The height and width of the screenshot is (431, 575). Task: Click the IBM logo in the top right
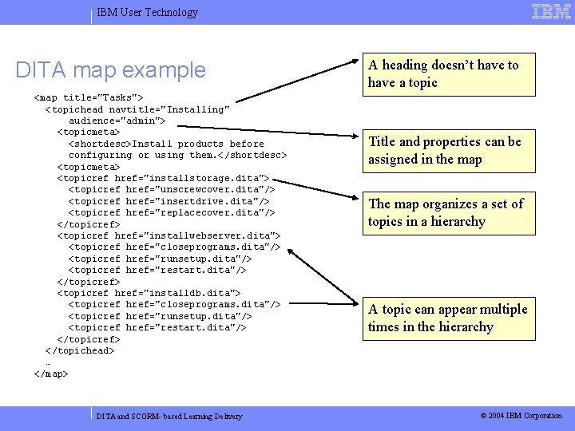click(x=551, y=11)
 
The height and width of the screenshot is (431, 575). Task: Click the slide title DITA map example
click(x=110, y=70)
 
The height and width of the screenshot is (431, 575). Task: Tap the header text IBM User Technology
click(x=147, y=12)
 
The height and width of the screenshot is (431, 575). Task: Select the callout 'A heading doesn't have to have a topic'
click(x=443, y=73)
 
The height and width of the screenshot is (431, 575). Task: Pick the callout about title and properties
click(x=445, y=150)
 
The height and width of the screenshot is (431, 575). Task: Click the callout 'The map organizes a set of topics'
click(x=445, y=212)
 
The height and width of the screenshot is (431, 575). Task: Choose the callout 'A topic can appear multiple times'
click(x=447, y=318)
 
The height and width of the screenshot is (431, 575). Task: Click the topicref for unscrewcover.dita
click(x=171, y=190)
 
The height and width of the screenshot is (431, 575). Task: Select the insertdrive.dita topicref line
click(x=169, y=201)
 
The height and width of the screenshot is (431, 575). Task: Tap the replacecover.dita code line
click(x=171, y=213)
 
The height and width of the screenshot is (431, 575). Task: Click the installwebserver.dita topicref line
click(x=169, y=236)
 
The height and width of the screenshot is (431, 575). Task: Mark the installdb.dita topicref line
click(x=149, y=294)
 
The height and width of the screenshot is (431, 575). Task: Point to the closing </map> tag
click(x=51, y=374)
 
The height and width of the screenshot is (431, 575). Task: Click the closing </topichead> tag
click(x=80, y=350)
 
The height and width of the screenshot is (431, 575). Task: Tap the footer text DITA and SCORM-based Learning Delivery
click(x=169, y=416)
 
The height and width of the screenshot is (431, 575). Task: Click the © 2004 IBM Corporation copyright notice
click(x=521, y=416)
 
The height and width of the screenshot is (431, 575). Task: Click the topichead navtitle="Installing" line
click(x=137, y=109)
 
